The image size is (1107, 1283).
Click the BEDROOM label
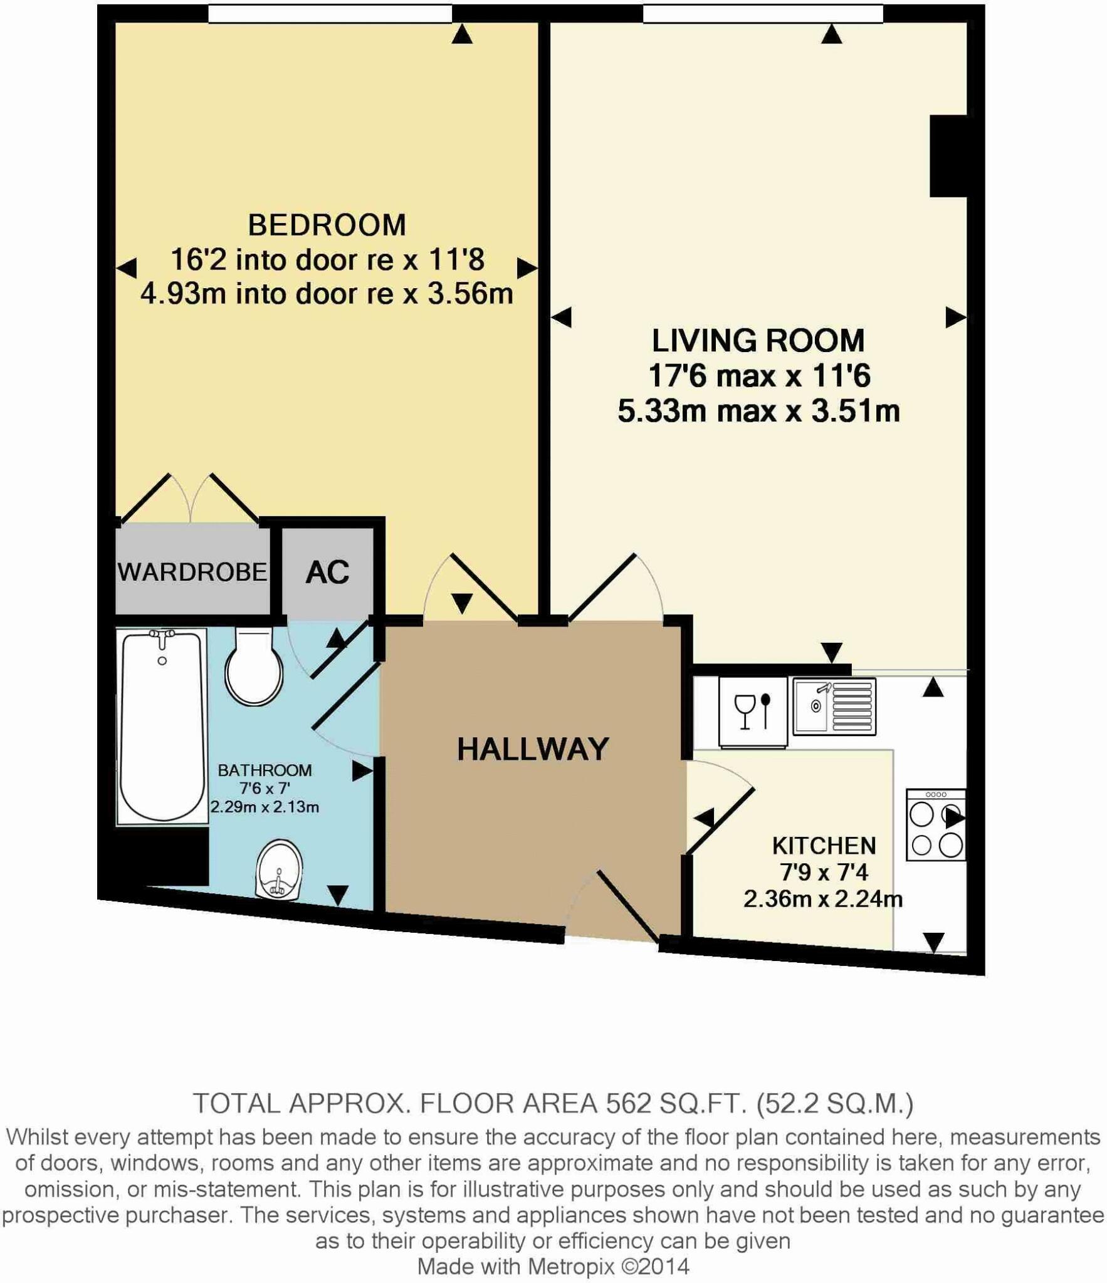click(327, 225)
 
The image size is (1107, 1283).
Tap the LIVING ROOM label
click(758, 341)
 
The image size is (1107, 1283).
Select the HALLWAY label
click(533, 749)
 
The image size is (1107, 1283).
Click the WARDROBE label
click(192, 571)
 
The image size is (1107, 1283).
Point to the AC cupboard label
click(327, 571)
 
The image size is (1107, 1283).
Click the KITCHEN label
click(824, 845)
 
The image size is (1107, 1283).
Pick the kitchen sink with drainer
click(834, 706)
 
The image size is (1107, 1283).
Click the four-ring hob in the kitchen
click(935, 824)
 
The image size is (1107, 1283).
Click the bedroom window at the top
click(330, 13)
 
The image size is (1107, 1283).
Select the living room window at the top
click(762, 13)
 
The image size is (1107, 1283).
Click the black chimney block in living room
click(948, 156)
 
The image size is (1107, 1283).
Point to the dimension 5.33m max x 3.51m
click(758, 411)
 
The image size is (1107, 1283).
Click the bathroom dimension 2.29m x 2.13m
click(265, 807)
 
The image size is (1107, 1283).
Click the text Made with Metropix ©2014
click(553, 1266)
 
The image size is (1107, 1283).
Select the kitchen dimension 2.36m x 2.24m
click(822, 899)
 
